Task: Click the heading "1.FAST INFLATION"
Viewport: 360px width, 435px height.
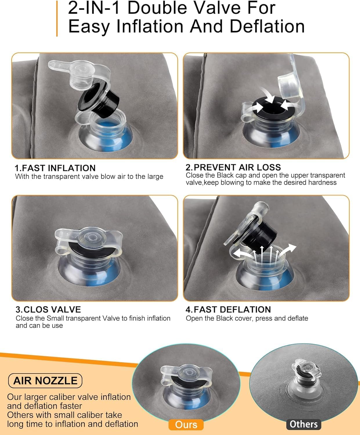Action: pyautogui.click(x=55, y=168)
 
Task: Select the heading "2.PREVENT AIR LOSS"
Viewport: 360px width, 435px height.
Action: pyautogui.click(x=233, y=167)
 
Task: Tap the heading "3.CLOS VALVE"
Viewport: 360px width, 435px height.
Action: pyautogui.click(x=48, y=310)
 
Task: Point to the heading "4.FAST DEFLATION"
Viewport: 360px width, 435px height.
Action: pyautogui.click(x=228, y=310)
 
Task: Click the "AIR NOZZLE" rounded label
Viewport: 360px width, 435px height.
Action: pyautogui.click(x=45, y=381)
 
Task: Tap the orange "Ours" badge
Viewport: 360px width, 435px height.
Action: pyautogui.click(x=186, y=425)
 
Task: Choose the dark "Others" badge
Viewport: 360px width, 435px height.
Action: pyautogui.click(x=304, y=424)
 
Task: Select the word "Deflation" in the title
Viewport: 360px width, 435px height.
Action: pyautogui.click(x=267, y=26)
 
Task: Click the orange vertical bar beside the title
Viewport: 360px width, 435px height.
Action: pyautogui.click(x=57, y=19)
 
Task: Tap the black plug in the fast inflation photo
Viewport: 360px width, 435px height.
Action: pyautogui.click(x=98, y=98)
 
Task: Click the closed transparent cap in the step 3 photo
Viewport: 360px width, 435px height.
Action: pyautogui.click(x=88, y=241)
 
